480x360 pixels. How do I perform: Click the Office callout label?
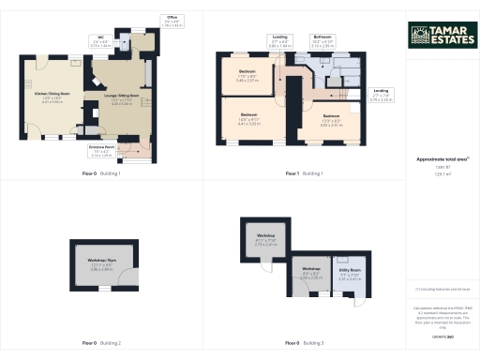point(172,20)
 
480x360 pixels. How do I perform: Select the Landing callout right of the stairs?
point(381,92)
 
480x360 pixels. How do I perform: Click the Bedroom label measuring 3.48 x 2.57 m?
point(247,75)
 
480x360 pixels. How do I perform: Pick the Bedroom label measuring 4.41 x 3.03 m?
point(247,120)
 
